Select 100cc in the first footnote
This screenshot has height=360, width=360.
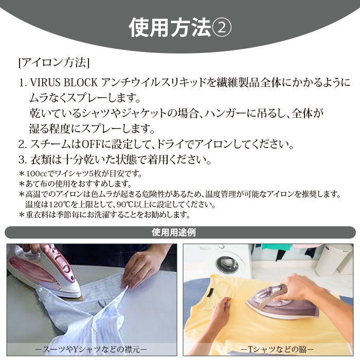35,173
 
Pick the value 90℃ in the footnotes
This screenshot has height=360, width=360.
125,204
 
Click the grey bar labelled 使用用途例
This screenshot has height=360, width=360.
180,232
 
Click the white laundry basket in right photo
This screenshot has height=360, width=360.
334,260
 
